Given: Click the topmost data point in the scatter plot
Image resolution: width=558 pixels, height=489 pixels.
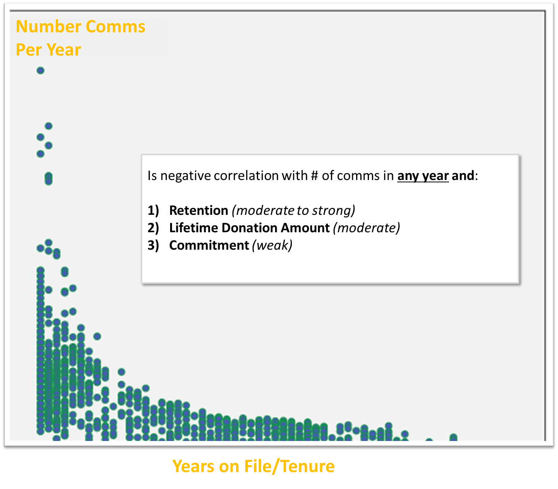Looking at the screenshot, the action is [x=40, y=70].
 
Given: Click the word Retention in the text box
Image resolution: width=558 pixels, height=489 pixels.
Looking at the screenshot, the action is [x=198, y=211].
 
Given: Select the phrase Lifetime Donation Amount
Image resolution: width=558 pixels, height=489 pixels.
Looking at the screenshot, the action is [x=249, y=228].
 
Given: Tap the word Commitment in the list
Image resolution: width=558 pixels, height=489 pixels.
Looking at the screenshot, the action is [x=209, y=245].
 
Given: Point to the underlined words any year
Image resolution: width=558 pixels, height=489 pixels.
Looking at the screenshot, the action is [x=423, y=176].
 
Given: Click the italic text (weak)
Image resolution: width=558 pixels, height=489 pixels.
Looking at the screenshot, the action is [x=272, y=245].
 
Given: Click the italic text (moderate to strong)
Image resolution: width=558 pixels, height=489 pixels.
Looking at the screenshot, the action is [x=293, y=211].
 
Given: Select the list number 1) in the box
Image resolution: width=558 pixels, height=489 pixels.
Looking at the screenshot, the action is [x=153, y=211].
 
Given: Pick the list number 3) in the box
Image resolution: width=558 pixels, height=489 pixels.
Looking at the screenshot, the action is [x=153, y=245].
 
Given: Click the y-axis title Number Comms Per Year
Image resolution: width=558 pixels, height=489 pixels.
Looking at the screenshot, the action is [x=81, y=38].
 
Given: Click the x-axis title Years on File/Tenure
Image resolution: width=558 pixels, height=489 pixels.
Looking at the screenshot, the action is [x=253, y=466].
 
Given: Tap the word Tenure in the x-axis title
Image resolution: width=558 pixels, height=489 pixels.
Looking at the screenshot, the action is [x=308, y=466].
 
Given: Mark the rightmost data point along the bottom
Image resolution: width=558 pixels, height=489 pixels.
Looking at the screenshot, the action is [x=453, y=437].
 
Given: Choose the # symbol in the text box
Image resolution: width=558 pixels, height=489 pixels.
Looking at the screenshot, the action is [x=315, y=175].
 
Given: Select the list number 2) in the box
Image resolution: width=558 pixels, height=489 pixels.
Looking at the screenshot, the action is [x=153, y=228].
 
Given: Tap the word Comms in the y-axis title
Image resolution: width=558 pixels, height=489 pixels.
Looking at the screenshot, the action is [x=115, y=27].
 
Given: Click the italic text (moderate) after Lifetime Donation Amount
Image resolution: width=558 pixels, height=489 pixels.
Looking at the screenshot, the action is [x=366, y=228].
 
